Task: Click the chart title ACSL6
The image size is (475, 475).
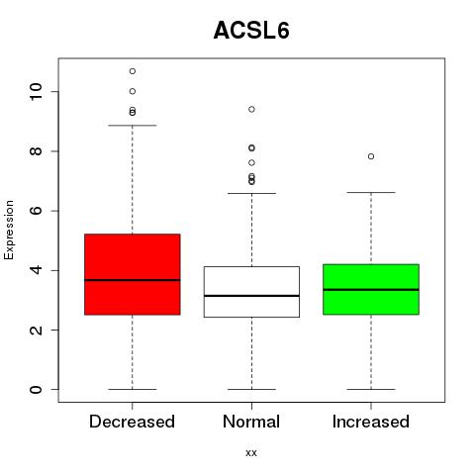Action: (251, 31)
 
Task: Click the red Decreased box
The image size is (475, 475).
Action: (133, 274)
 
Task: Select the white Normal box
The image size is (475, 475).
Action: (251, 292)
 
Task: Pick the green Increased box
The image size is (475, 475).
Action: (371, 289)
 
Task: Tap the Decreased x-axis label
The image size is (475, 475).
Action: (132, 422)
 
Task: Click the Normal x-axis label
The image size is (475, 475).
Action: (251, 422)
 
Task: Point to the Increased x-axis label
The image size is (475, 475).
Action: (371, 422)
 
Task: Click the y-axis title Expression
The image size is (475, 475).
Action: (9, 230)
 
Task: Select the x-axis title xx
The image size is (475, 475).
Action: (251, 453)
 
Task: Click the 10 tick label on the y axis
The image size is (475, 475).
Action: (36, 91)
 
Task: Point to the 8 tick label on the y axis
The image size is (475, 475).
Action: (36, 151)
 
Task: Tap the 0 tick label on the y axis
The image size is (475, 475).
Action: (36, 390)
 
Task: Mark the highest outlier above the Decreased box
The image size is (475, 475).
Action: (133, 71)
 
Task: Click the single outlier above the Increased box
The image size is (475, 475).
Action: (371, 156)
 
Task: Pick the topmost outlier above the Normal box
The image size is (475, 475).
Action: (251, 109)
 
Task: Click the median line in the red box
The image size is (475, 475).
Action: (133, 280)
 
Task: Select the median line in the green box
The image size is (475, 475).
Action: (371, 290)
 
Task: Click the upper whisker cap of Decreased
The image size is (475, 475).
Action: (133, 126)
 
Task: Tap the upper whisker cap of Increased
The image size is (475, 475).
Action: (371, 192)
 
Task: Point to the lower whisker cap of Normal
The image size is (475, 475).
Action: (251, 389)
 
